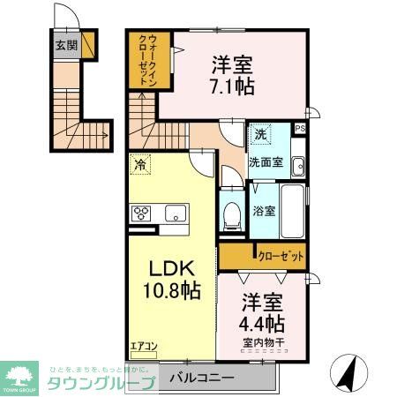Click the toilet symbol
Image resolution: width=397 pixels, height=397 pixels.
tap(233, 215)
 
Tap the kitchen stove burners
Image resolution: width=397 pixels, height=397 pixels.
tap(142, 213)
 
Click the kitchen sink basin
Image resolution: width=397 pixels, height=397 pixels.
tap(174, 213)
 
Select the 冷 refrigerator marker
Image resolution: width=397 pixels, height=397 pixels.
tap(139, 164)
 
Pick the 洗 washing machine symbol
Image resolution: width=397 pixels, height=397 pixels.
tap(261, 135)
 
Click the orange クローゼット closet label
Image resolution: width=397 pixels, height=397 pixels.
tap(281, 257)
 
